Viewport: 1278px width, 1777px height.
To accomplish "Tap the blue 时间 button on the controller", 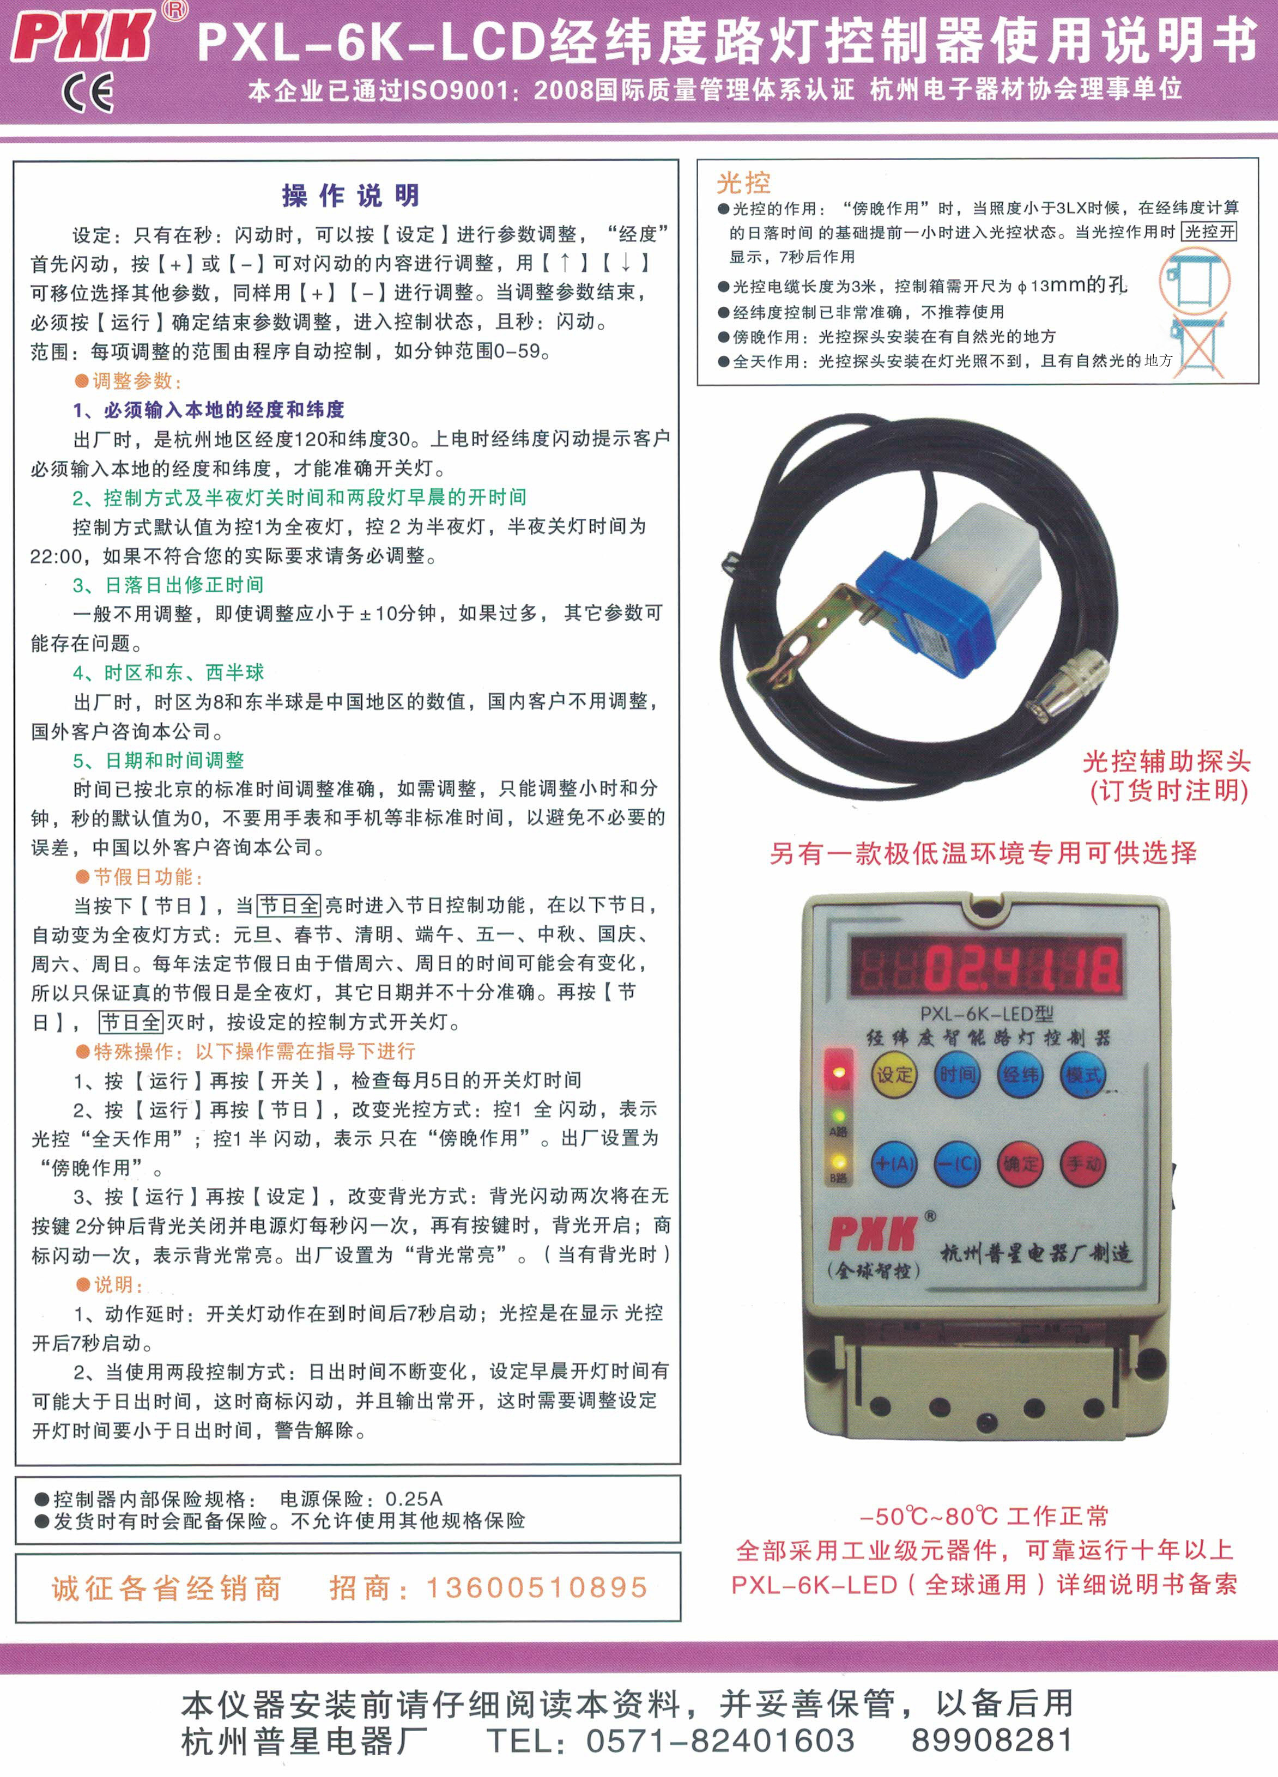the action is pyautogui.click(x=958, y=1074).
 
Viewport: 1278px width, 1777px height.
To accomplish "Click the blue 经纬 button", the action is pyautogui.click(x=1020, y=1074).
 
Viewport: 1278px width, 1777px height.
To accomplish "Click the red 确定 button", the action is pyautogui.click(x=1020, y=1165).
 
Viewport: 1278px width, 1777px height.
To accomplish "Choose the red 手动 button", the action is pyautogui.click(x=1083, y=1165).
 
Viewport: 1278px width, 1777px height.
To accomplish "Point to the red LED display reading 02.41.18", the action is pyautogui.click(x=986, y=967).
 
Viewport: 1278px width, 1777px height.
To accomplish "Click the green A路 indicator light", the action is pyautogui.click(x=838, y=1115).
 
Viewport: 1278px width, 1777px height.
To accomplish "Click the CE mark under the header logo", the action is pyautogui.click(x=88, y=93).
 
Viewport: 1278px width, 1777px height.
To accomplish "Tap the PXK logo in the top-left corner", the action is pyautogui.click(x=83, y=34).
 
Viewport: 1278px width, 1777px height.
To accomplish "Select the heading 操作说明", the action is pyautogui.click(x=351, y=196).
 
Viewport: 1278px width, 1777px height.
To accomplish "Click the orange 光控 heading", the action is pyautogui.click(x=743, y=183).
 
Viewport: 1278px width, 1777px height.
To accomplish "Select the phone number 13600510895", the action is pyautogui.click(x=537, y=1588).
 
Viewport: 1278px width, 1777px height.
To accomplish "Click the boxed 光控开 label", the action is pyautogui.click(x=1209, y=232).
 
